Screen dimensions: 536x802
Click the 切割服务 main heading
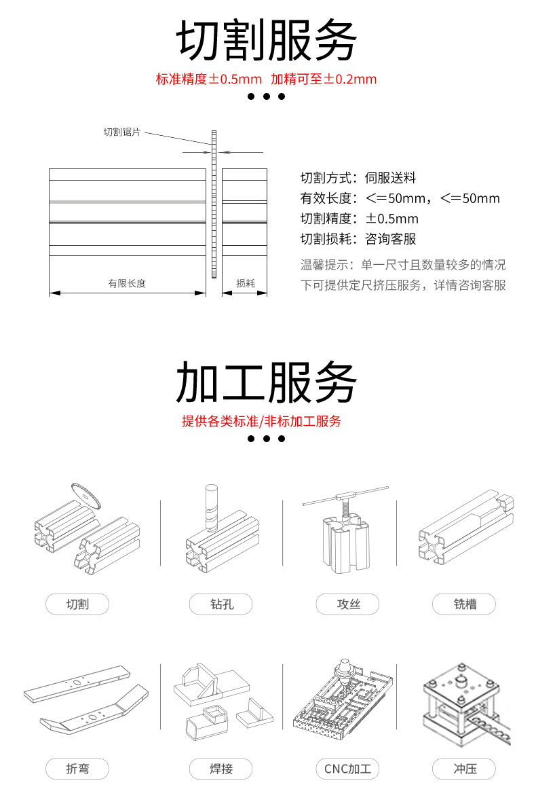coord(266,41)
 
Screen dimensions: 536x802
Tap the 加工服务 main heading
coord(266,382)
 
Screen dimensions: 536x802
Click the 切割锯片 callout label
coord(121,132)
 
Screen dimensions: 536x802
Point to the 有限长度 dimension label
coord(127,283)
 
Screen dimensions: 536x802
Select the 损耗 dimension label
coord(245,283)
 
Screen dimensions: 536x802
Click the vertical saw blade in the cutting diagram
coord(214,204)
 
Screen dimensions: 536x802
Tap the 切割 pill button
coord(77,604)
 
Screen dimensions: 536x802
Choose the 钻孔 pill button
coord(221,604)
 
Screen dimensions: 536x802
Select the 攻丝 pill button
coord(347,604)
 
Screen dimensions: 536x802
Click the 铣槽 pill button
coord(464,604)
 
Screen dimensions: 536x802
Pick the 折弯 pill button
coord(77,769)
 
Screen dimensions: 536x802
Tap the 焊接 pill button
coord(221,769)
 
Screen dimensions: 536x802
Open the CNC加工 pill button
coord(347,769)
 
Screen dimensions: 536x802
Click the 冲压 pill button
coord(464,769)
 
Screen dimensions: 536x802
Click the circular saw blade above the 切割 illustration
coord(85,495)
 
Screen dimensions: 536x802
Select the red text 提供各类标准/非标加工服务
coord(261,421)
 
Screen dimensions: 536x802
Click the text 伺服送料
coord(390,178)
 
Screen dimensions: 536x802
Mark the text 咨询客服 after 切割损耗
coord(390,239)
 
